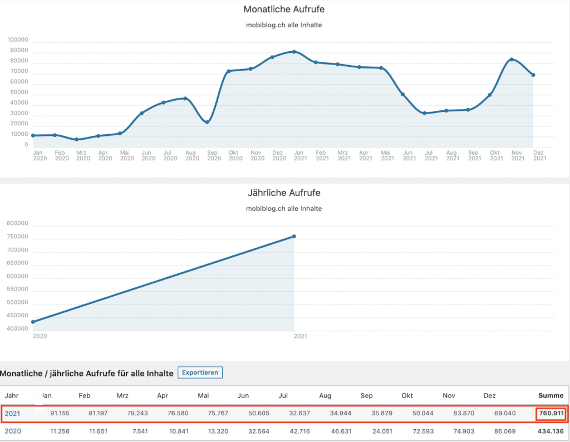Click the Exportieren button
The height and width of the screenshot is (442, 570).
tap(200, 372)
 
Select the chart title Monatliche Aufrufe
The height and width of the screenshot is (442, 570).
tap(284, 9)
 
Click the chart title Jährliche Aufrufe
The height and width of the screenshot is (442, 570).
tap(284, 193)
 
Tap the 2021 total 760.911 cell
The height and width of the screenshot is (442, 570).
tap(551, 414)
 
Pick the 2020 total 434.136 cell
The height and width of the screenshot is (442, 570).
tap(551, 431)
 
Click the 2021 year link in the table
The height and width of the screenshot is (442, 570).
tap(12, 414)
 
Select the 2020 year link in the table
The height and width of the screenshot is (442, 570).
tap(12, 431)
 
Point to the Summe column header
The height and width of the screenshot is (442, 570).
tap(551, 396)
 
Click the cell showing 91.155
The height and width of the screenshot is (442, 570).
tap(60, 414)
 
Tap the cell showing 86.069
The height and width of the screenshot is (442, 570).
tap(504, 431)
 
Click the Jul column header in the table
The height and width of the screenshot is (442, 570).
tap(283, 396)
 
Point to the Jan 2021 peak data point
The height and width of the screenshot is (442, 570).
tap(294, 52)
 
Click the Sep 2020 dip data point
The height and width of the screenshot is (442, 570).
tap(207, 122)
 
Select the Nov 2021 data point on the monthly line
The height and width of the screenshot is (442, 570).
tap(511, 60)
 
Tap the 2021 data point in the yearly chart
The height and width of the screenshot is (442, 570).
tap(294, 237)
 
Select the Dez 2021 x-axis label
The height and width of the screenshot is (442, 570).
tap(538, 155)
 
